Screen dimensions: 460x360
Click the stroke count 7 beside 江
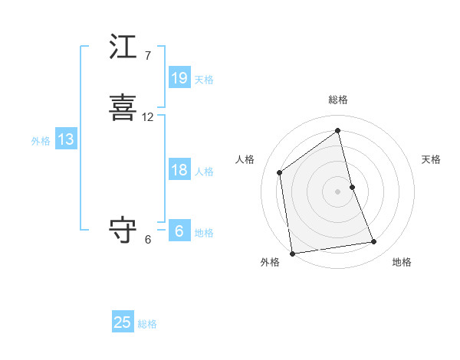pyautogui.click(x=148, y=55)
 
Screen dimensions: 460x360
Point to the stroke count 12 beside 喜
pyautogui.click(x=148, y=117)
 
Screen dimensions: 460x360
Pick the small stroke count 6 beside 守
pyautogui.click(x=148, y=239)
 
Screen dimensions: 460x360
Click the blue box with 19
pyautogui.click(x=179, y=78)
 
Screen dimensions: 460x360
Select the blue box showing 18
pyautogui.click(x=179, y=170)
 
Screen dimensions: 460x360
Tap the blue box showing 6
pyautogui.click(x=179, y=231)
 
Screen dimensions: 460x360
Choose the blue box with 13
pyautogui.click(x=66, y=139)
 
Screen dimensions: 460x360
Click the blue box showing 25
pyautogui.click(x=123, y=322)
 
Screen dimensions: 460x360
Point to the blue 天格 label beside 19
pyautogui.click(x=204, y=79)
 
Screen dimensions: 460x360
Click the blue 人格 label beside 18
pyautogui.click(x=204, y=172)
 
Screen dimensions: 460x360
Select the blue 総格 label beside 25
pyautogui.click(x=147, y=324)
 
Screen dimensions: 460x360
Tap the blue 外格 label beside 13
pyautogui.click(x=41, y=141)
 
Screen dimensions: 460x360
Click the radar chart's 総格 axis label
pyautogui.click(x=338, y=100)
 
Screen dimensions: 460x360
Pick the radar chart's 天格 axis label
pyautogui.click(x=431, y=159)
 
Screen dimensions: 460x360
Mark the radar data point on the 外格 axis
pyautogui.click(x=292, y=253)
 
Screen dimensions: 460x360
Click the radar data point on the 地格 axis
pyautogui.click(x=374, y=242)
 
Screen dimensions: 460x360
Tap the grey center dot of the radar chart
pyautogui.click(x=338, y=191)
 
